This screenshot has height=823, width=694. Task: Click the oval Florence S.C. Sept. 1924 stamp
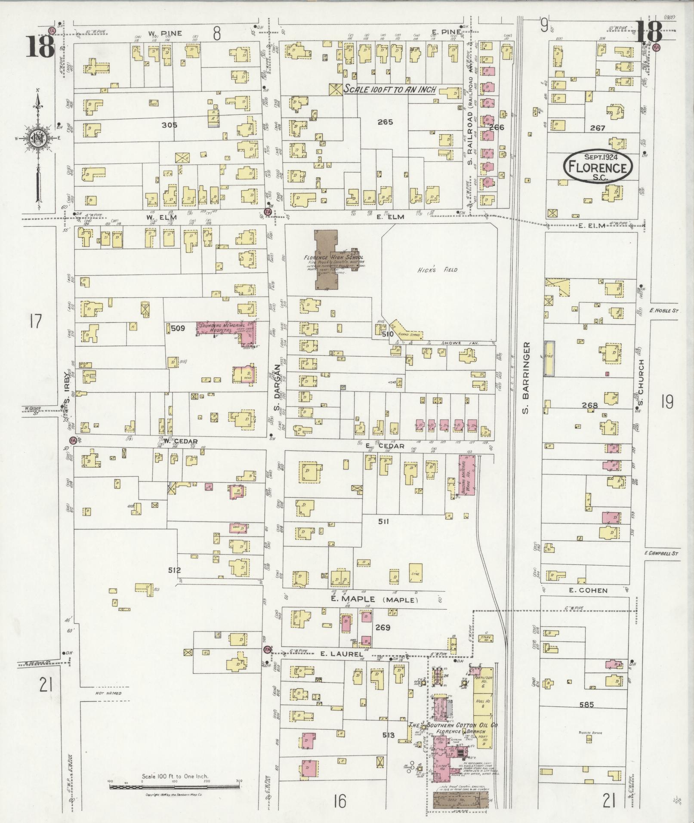(x=598, y=166)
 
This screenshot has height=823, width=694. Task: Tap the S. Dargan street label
(x=277, y=387)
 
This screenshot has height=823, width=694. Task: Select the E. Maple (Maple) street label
(x=374, y=599)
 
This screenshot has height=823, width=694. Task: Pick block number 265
(x=385, y=122)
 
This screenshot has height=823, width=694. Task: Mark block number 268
(x=589, y=405)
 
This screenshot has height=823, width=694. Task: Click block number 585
(x=586, y=705)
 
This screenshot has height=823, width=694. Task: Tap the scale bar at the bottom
(x=174, y=786)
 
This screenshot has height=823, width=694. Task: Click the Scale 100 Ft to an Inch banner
(x=389, y=90)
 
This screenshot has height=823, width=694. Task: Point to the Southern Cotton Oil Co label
(x=454, y=725)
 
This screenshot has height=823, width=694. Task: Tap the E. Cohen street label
(x=582, y=590)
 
